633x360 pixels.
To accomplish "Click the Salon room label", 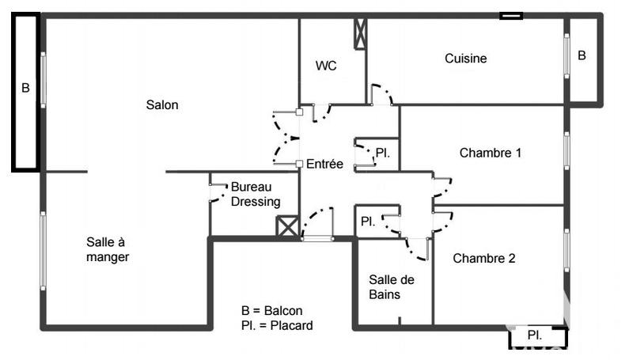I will point(162,104).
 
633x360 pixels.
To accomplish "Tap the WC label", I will point(326,66).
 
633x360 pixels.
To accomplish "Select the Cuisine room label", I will point(465,58).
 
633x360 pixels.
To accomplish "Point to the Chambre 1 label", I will point(490,153).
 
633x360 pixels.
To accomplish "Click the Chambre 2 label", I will point(484,258).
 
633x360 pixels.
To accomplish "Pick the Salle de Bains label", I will point(392,286).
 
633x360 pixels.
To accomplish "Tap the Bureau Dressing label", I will point(255,195).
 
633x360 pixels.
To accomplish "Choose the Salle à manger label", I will point(108,249).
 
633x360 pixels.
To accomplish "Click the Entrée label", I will point(324,164).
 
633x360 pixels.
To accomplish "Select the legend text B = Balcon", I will point(272,311).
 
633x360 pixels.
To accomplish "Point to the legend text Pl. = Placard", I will point(277,325).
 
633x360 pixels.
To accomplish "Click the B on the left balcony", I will point(25,89).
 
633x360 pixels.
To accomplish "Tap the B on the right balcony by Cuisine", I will point(582,55).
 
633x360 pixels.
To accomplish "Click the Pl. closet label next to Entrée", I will point(382,152).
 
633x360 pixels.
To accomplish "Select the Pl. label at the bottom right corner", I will point(534,335).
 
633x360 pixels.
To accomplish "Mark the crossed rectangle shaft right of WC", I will point(361,33).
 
